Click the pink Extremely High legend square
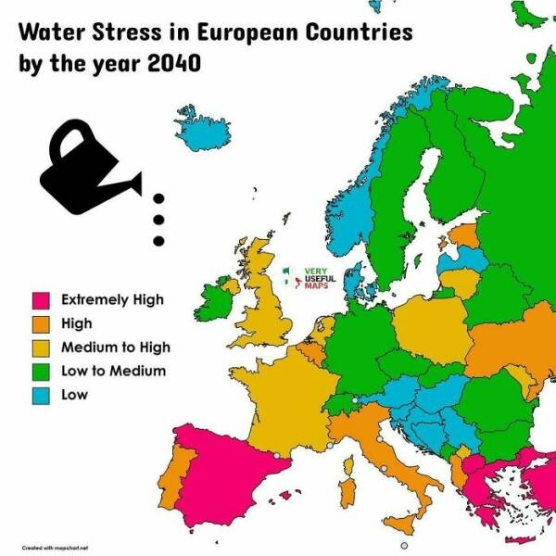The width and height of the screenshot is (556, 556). (41, 300)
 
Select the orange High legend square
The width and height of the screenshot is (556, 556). (41, 324)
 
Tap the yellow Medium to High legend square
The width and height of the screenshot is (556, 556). (41, 348)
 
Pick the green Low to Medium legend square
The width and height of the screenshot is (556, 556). (41, 372)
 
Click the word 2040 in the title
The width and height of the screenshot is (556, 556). (174, 67)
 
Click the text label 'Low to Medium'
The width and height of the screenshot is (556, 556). (113, 372)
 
